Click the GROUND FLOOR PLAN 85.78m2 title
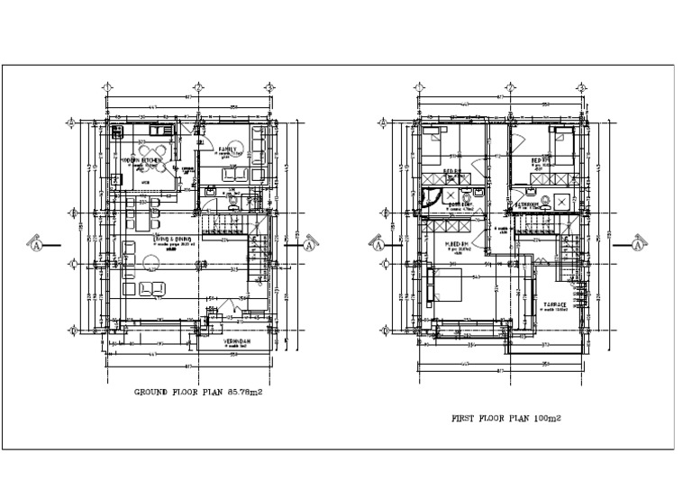point(196,392)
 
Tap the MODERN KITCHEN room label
point(140,160)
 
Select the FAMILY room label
point(225,149)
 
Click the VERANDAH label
point(236,343)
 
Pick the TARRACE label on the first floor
point(554,304)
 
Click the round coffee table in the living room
point(150,264)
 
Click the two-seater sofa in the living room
point(152,288)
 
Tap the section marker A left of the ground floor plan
point(38,244)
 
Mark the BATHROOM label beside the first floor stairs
point(527,204)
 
